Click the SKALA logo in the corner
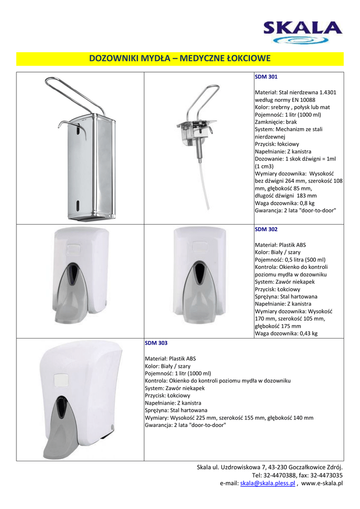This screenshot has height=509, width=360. point(303,32)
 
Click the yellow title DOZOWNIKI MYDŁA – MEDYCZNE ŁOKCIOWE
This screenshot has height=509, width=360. point(180,59)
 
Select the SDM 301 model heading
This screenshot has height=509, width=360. point(266,77)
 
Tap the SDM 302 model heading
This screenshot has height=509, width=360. point(266,229)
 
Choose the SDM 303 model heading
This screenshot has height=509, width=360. point(156,343)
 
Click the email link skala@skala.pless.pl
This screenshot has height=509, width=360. point(268,483)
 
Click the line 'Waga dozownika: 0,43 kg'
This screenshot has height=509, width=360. point(286,334)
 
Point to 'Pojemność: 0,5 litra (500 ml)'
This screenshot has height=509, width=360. point(290,259)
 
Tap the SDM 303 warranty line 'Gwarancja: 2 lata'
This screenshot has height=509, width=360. point(185,425)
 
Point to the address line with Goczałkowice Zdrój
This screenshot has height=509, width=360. point(270,467)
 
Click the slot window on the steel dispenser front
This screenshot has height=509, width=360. point(78,205)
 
